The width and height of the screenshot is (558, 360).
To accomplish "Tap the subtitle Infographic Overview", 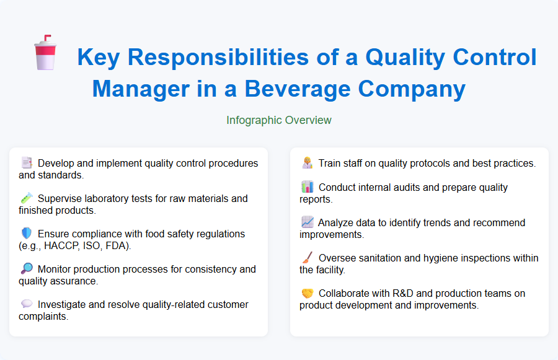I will pyautogui.click(x=279, y=120).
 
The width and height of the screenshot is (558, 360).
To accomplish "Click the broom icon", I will pyautogui.click(x=308, y=258).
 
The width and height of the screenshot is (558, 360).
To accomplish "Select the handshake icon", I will pyautogui.click(x=308, y=293).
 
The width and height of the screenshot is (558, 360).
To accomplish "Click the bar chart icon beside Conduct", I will pyautogui.click(x=308, y=187).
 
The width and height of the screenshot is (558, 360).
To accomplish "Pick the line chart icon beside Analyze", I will pyautogui.click(x=308, y=222).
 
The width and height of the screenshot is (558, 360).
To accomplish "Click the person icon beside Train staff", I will pyautogui.click(x=308, y=164).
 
